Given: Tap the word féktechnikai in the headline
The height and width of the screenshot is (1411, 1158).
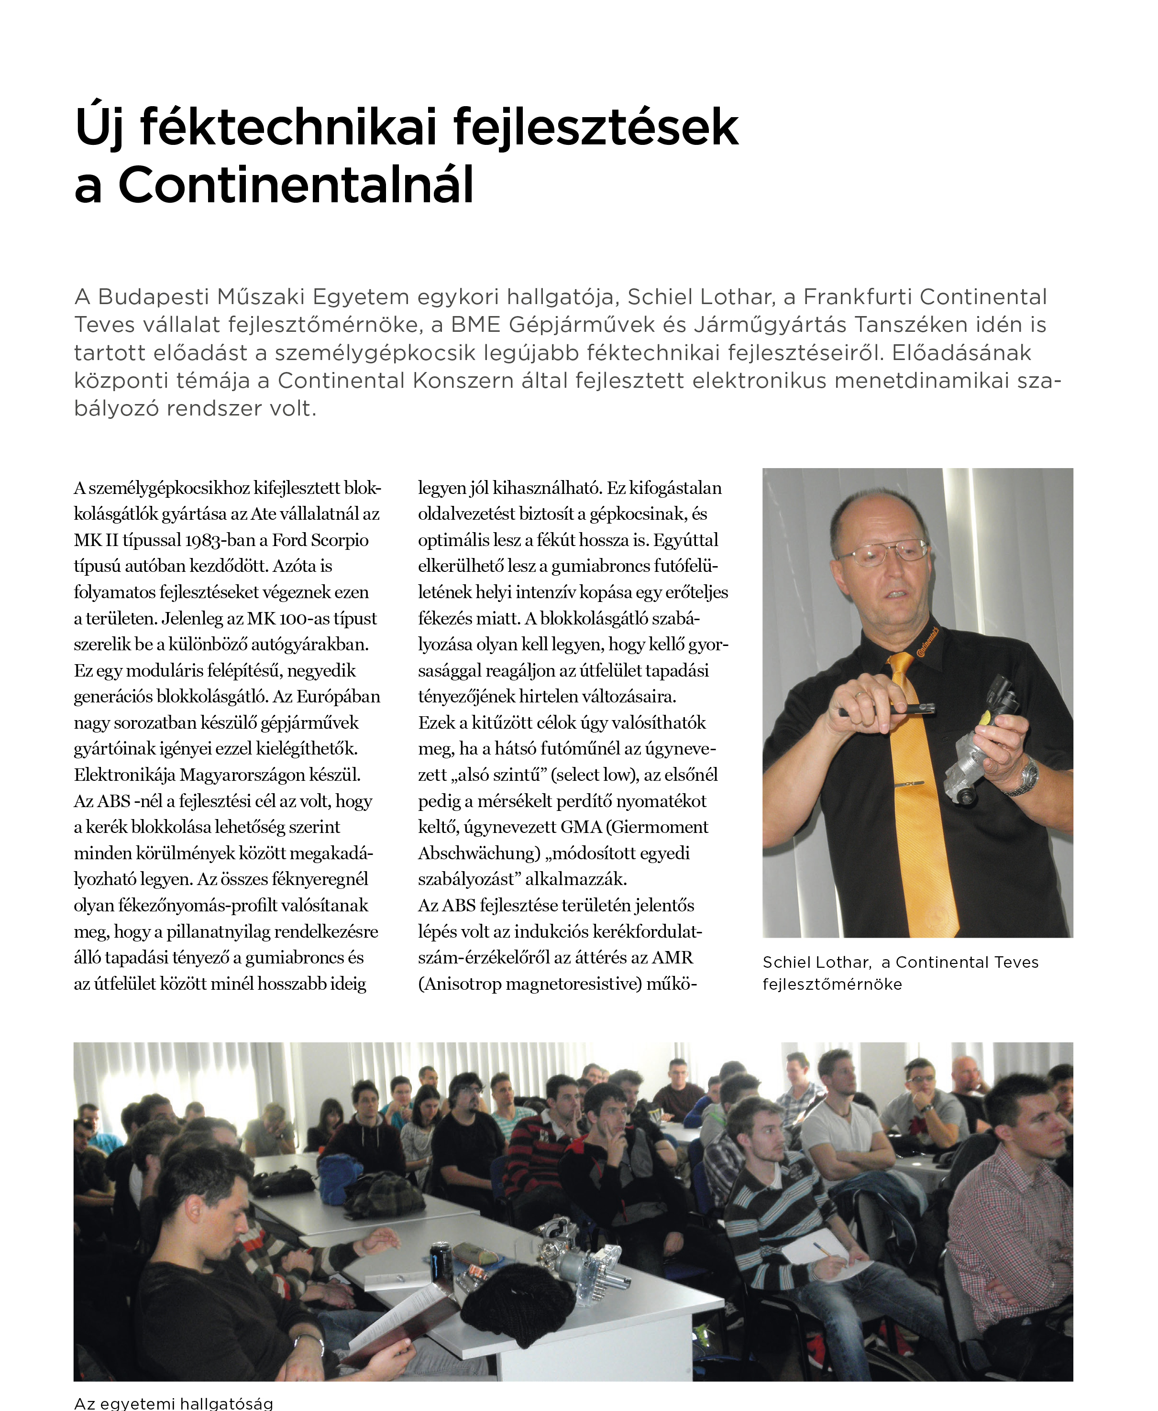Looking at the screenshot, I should coord(288,127).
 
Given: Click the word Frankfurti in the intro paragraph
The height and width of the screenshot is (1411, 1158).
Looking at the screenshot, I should coord(857,297).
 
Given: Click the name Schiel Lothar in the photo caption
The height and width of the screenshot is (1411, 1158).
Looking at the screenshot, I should coord(816,962).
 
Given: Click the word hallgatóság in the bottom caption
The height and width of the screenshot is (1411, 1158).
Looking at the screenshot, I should coord(226,1404).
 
